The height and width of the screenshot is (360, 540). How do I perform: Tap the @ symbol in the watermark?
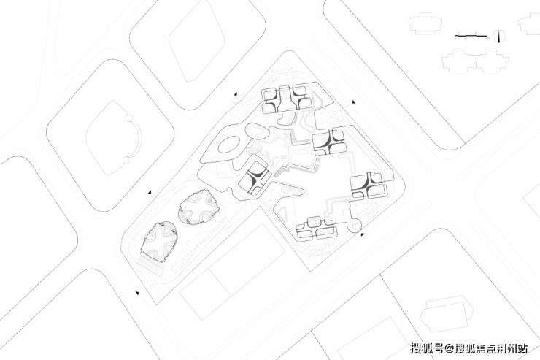[450, 349]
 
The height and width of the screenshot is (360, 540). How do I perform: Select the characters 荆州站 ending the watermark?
[513, 349]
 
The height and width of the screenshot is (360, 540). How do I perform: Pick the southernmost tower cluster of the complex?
[316, 229]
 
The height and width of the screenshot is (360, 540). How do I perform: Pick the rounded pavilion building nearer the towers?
[198, 208]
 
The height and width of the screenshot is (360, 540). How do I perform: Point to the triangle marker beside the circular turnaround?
[363, 234]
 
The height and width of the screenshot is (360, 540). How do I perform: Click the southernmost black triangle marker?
[136, 293]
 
